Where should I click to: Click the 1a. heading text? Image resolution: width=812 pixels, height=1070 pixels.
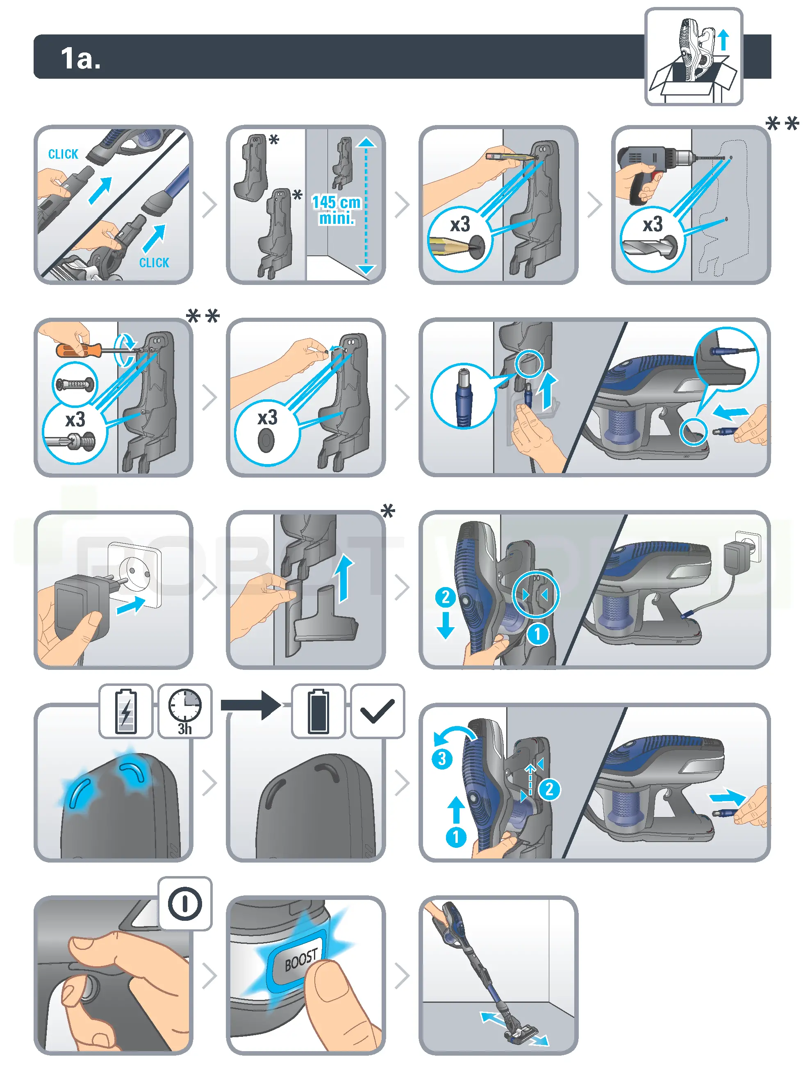click(80, 59)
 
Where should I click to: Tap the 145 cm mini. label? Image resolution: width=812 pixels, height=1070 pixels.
click(336, 209)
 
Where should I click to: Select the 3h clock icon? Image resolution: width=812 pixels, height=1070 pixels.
click(185, 710)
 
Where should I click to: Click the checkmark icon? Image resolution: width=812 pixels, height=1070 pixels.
click(377, 710)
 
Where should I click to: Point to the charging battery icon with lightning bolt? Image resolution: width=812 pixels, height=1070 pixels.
click(126, 710)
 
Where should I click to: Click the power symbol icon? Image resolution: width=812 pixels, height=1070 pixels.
click(185, 903)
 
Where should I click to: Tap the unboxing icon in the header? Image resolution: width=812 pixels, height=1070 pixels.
click(694, 57)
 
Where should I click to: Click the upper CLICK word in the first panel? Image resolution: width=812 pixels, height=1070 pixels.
click(63, 154)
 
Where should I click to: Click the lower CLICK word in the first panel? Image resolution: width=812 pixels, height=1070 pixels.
click(154, 263)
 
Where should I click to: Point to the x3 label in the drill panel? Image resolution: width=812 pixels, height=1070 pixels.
click(653, 224)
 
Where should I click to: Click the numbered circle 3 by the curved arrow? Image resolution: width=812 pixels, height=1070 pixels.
click(442, 758)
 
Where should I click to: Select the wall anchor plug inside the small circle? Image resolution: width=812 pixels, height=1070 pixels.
click(75, 385)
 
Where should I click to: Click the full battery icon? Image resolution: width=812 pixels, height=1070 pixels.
click(318, 710)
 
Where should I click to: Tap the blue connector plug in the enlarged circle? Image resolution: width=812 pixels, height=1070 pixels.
click(463, 395)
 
